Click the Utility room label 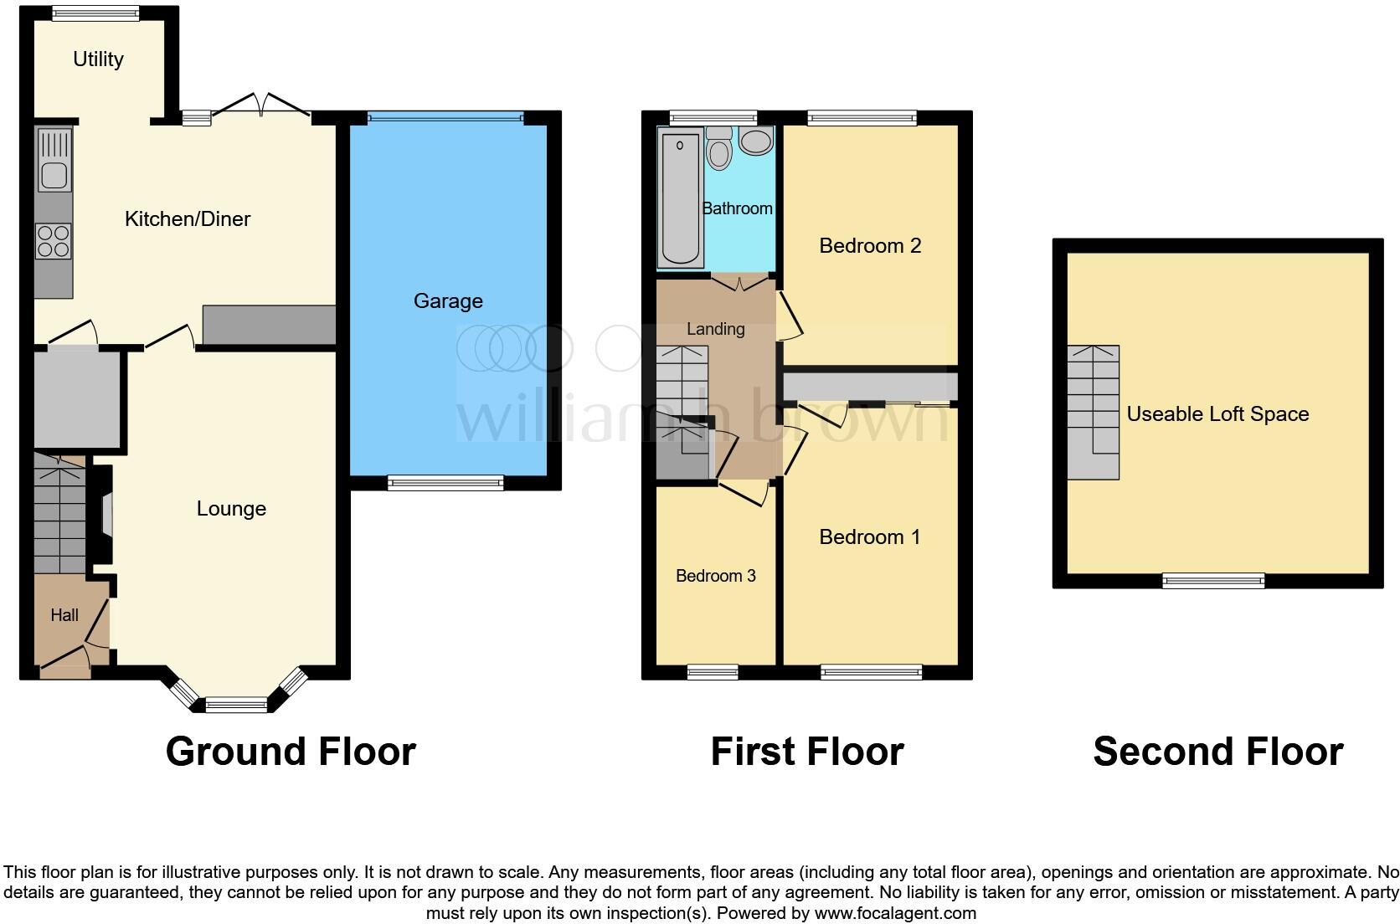click(98, 59)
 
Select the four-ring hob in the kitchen click(54, 241)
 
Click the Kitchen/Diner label click(188, 219)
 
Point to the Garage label click(448, 301)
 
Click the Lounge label click(231, 509)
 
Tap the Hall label click(64, 615)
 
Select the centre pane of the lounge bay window click(237, 706)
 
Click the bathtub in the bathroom click(680, 199)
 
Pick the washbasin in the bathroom click(757, 141)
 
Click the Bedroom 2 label click(870, 246)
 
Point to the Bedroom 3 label click(716, 576)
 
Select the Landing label click(716, 329)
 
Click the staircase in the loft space click(1094, 412)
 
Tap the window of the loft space click(1213, 580)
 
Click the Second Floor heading click(1218, 752)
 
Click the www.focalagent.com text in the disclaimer click(895, 913)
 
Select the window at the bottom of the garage click(445, 482)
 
